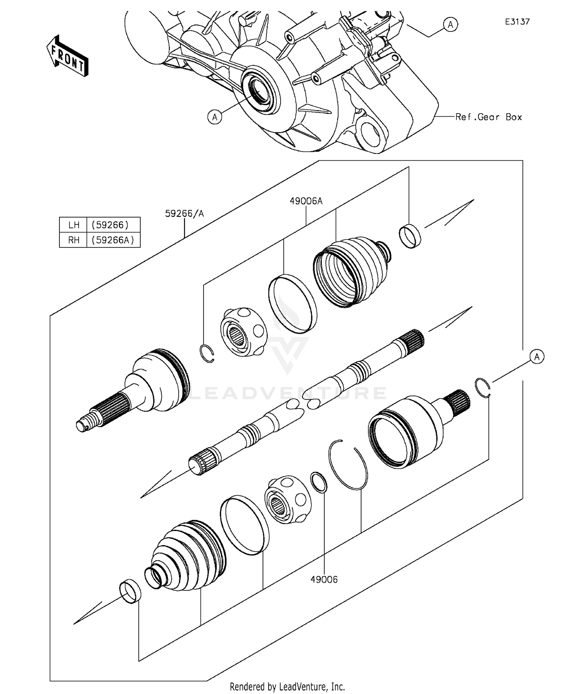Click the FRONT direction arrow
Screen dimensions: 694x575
click(x=67, y=56)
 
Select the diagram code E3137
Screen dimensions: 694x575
click(x=517, y=22)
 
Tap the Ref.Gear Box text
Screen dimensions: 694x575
click(x=488, y=117)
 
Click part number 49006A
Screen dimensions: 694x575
click(x=306, y=201)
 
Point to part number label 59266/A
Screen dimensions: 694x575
click(x=184, y=213)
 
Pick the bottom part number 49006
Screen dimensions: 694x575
click(x=324, y=580)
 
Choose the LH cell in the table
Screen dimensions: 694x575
click(x=74, y=225)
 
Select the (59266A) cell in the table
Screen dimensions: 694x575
click(x=113, y=240)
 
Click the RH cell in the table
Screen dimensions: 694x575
click(x=74, y=240)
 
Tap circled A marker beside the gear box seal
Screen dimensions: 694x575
click(x=215, y=117)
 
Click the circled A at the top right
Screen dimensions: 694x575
click(x=450, y=25)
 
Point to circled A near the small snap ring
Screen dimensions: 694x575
click(x=537, y=357)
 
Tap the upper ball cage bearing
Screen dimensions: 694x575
click(x=244, y=332)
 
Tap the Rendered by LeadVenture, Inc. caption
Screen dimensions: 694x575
click(x=287, y=686)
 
